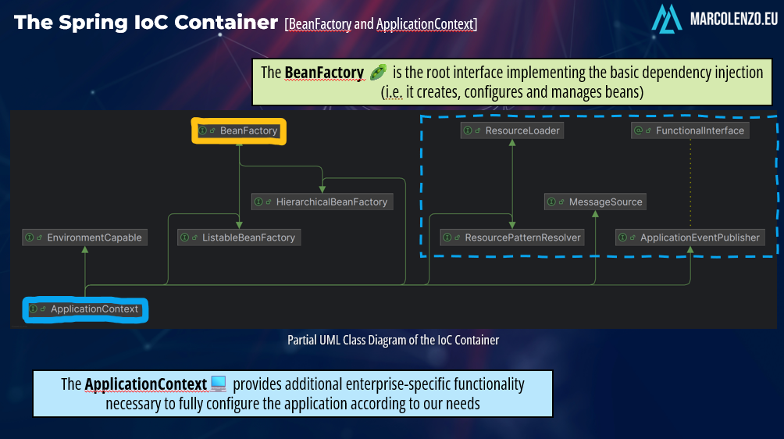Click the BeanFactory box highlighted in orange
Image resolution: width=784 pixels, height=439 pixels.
(240, 131)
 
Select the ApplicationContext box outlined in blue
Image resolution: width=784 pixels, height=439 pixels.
(86, 309)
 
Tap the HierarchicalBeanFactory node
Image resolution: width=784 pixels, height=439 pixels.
(323, 202)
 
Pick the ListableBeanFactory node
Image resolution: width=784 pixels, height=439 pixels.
(239, 237)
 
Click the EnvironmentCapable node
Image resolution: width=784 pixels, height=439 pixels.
(84, 237)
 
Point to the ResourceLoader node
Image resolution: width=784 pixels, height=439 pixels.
(512, 130)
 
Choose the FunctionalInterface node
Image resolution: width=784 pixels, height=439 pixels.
(690, 130)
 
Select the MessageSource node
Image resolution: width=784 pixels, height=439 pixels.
(596, 202)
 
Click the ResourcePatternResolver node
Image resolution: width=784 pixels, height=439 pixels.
(512, 237)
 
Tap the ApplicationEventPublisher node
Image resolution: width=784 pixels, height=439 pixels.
(690, 237)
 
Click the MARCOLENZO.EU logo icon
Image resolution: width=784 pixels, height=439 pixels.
(667, 17)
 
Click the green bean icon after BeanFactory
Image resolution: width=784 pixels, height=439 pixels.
(378, 73)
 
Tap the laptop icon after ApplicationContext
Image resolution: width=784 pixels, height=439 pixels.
(219, 384)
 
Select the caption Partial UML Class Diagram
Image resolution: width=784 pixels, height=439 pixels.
(393, 340)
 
